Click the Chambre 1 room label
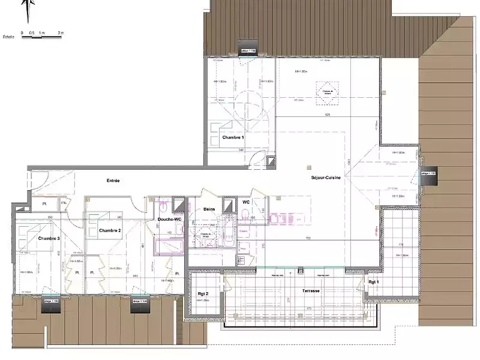point(233,138)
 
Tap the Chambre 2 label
point(110,230)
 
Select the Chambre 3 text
point(49,239)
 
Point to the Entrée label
point(113,181)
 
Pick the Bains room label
point(209,209)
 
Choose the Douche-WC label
point(170,219)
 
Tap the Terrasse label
point(311,290)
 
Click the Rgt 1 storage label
point(374,281)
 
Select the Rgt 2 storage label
point(203,293)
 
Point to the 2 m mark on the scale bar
point(61,32)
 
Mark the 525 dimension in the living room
point(328,115)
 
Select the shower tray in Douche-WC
point(168,246)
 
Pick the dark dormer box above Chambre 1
point(248,52)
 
